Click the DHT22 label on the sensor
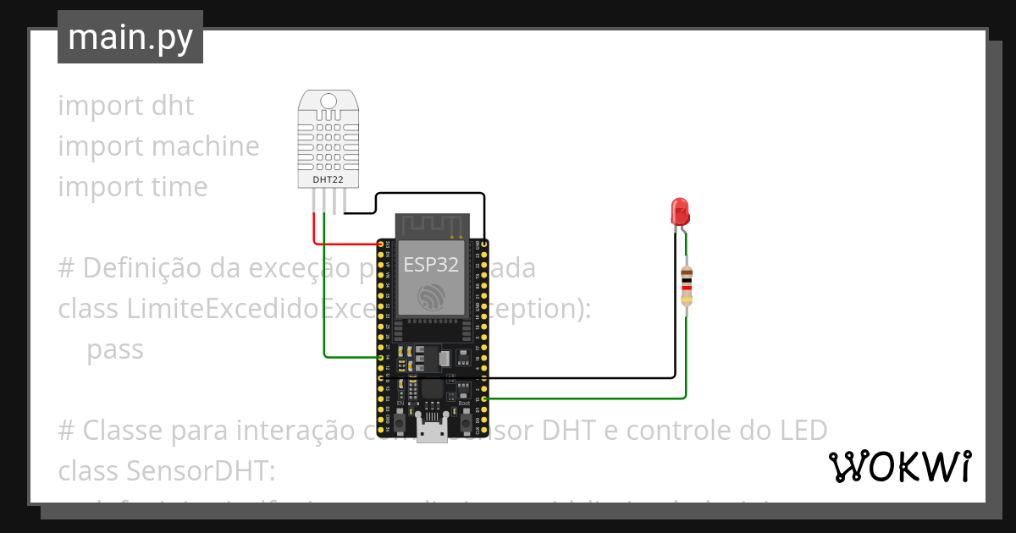[329, 179]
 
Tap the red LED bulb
[679, 212]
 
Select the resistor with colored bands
[687, 285]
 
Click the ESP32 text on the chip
[431, 264]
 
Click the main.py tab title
[130, 37]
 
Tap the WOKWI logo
[899, 466]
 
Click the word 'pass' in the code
[115, 349]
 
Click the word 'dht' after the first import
[172, 106]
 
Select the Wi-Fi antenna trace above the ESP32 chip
[432, 225]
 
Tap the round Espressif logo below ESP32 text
[431, 297]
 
